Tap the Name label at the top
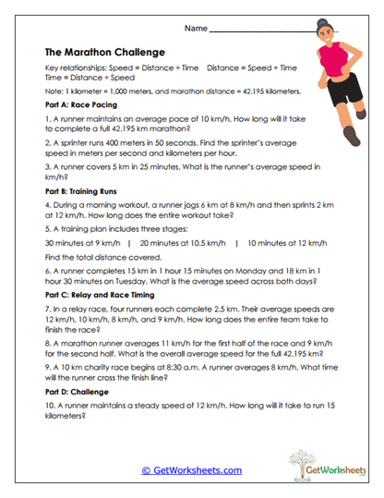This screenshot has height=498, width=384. click(x=196, y=30)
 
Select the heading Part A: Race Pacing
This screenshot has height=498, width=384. click(x=78, y=107)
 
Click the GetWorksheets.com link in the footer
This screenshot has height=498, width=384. click(x=191, y=470)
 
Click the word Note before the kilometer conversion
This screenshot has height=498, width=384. click(x=54, y=92)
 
